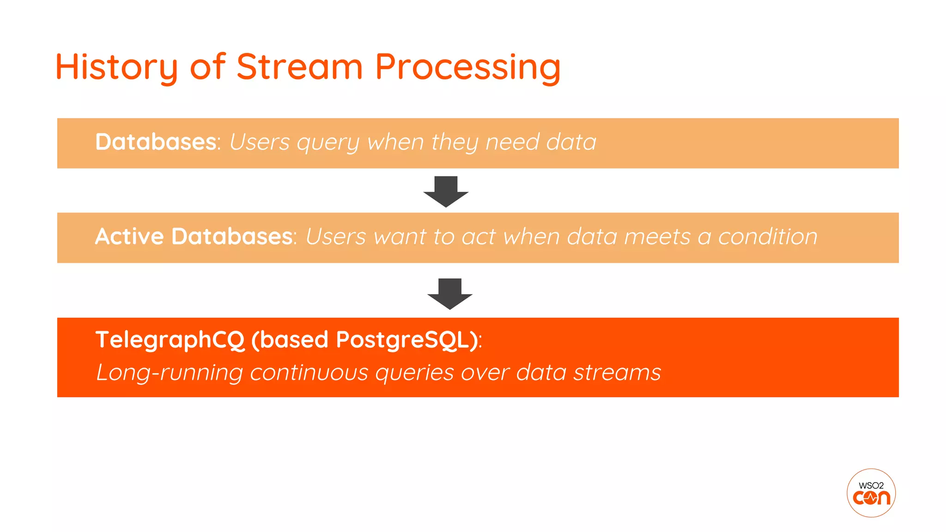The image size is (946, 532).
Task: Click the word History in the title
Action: (x=116, y=67)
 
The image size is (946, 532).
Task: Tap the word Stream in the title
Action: (x=299, y=66)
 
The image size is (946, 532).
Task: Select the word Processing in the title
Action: (x=467, y=67)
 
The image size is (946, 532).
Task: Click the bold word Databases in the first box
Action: (x=156, y=142)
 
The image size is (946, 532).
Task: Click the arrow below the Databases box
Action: (x=446, y=192)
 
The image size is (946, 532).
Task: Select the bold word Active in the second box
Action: (x=129, y=236)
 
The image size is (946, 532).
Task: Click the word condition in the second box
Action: (x=767, y=236)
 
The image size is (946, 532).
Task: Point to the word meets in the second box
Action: (x=657, y=236)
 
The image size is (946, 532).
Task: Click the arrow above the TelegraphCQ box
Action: (x=449, y=294)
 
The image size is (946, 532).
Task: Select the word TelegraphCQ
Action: (x=170, y=340)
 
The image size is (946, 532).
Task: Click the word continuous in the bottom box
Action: (x=309, y=373)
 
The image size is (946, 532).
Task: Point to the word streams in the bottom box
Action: (x=617, y=373)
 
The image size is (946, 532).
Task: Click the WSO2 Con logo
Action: (x=871, y=493)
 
